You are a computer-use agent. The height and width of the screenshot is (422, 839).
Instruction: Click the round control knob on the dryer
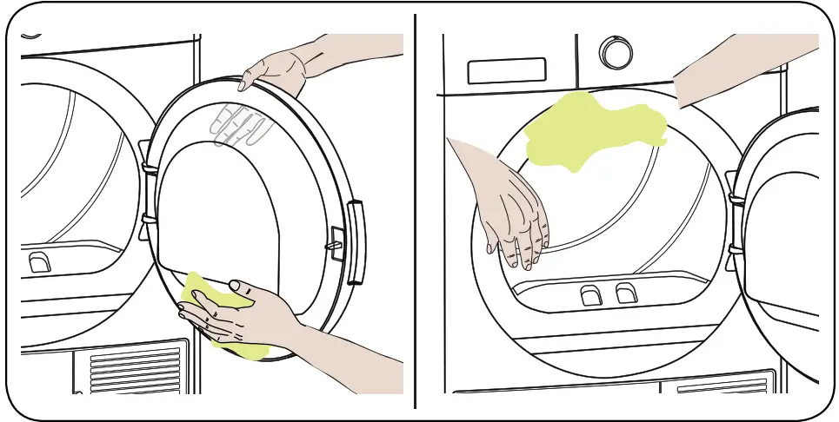point(616,53)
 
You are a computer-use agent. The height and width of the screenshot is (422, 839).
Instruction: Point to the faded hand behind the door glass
point(243,125)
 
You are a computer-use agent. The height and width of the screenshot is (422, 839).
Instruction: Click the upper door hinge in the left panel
point(149,166)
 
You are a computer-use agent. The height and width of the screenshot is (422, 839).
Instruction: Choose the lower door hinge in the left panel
point(149,220)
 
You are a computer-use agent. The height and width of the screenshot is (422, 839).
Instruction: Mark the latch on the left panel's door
point(335,246)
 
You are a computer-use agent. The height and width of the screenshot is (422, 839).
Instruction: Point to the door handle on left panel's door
point(356,241)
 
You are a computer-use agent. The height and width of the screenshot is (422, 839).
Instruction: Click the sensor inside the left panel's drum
point(39,261)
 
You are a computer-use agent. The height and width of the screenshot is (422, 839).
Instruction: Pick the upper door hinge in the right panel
point(735,200)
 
